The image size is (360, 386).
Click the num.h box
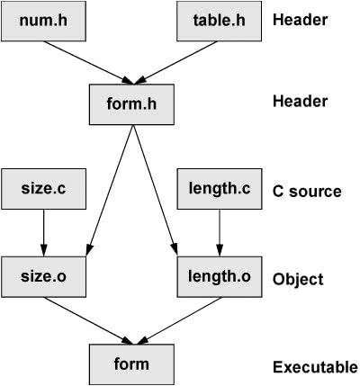pyautogui.click(x=43, y=21)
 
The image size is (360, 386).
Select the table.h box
pyautogui.click(x=219, y=21)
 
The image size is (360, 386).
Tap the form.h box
pyautogui.click(x=131, y=104)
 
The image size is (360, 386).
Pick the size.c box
pyautogui.click(x=43, y=189)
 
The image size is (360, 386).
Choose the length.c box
pyautogui.click(x=220, y=189)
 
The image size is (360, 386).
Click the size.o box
pyautogui.click(x=43, y=277)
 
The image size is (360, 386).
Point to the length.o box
pyautogui.click(x=220, y=277)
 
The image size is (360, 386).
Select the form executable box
pyautogui.click(x=131, y=364)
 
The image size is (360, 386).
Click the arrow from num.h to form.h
pyautogui.click(x=88, y=63)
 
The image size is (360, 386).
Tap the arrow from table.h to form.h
pyautogui.click(x=175, y=63)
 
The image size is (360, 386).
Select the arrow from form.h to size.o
pyautogui.click(x=110, y=191)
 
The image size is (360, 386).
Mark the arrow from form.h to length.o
pyautogui.click(x=155, y=191)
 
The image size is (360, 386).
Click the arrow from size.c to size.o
pyautogui.click(x=43, y=233)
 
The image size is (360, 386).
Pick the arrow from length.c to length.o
pyautogui.click(x=220, y=233)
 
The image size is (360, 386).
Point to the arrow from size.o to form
pyautogui.click(x=88, y=320)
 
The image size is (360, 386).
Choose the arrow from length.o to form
pyautogui.click(x=178, y=320)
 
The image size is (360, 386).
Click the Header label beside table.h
pyautogui.click(x=300, y=20)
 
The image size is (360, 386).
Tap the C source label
pyautogui.click(x=307, y=192)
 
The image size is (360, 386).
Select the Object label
pyautogui.click(x=298, y=280)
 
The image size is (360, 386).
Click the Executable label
pyautogui.click(x=315, y=367)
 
